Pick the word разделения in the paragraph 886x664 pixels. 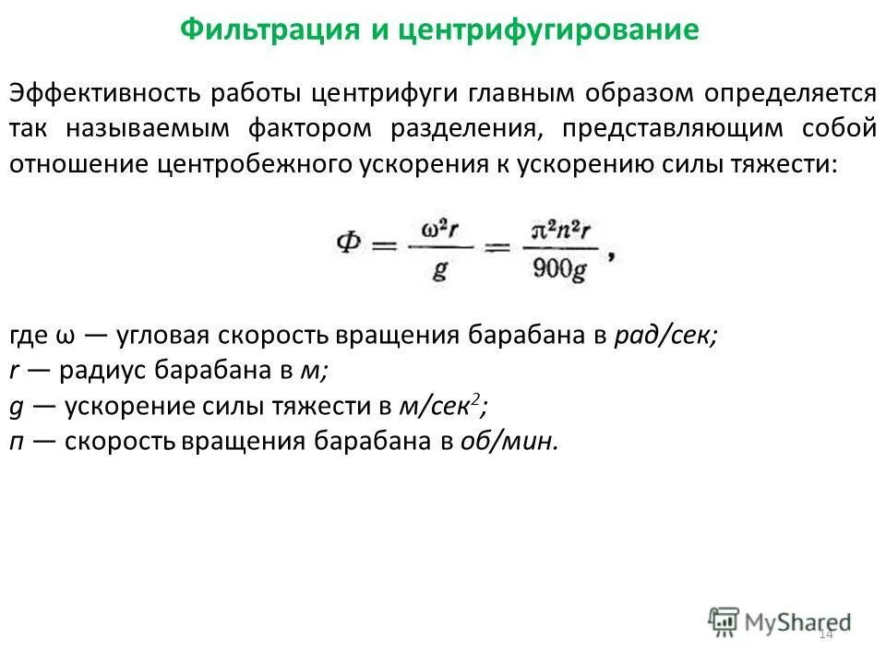(464, 128)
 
